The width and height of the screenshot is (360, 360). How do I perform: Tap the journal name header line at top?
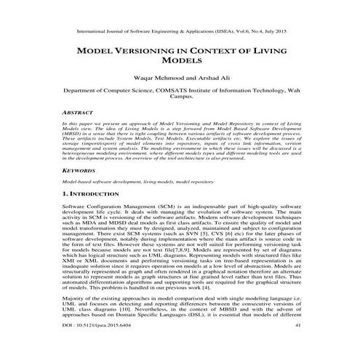[x=180, y=32]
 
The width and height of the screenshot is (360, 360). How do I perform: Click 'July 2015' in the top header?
[x=282, y=32]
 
